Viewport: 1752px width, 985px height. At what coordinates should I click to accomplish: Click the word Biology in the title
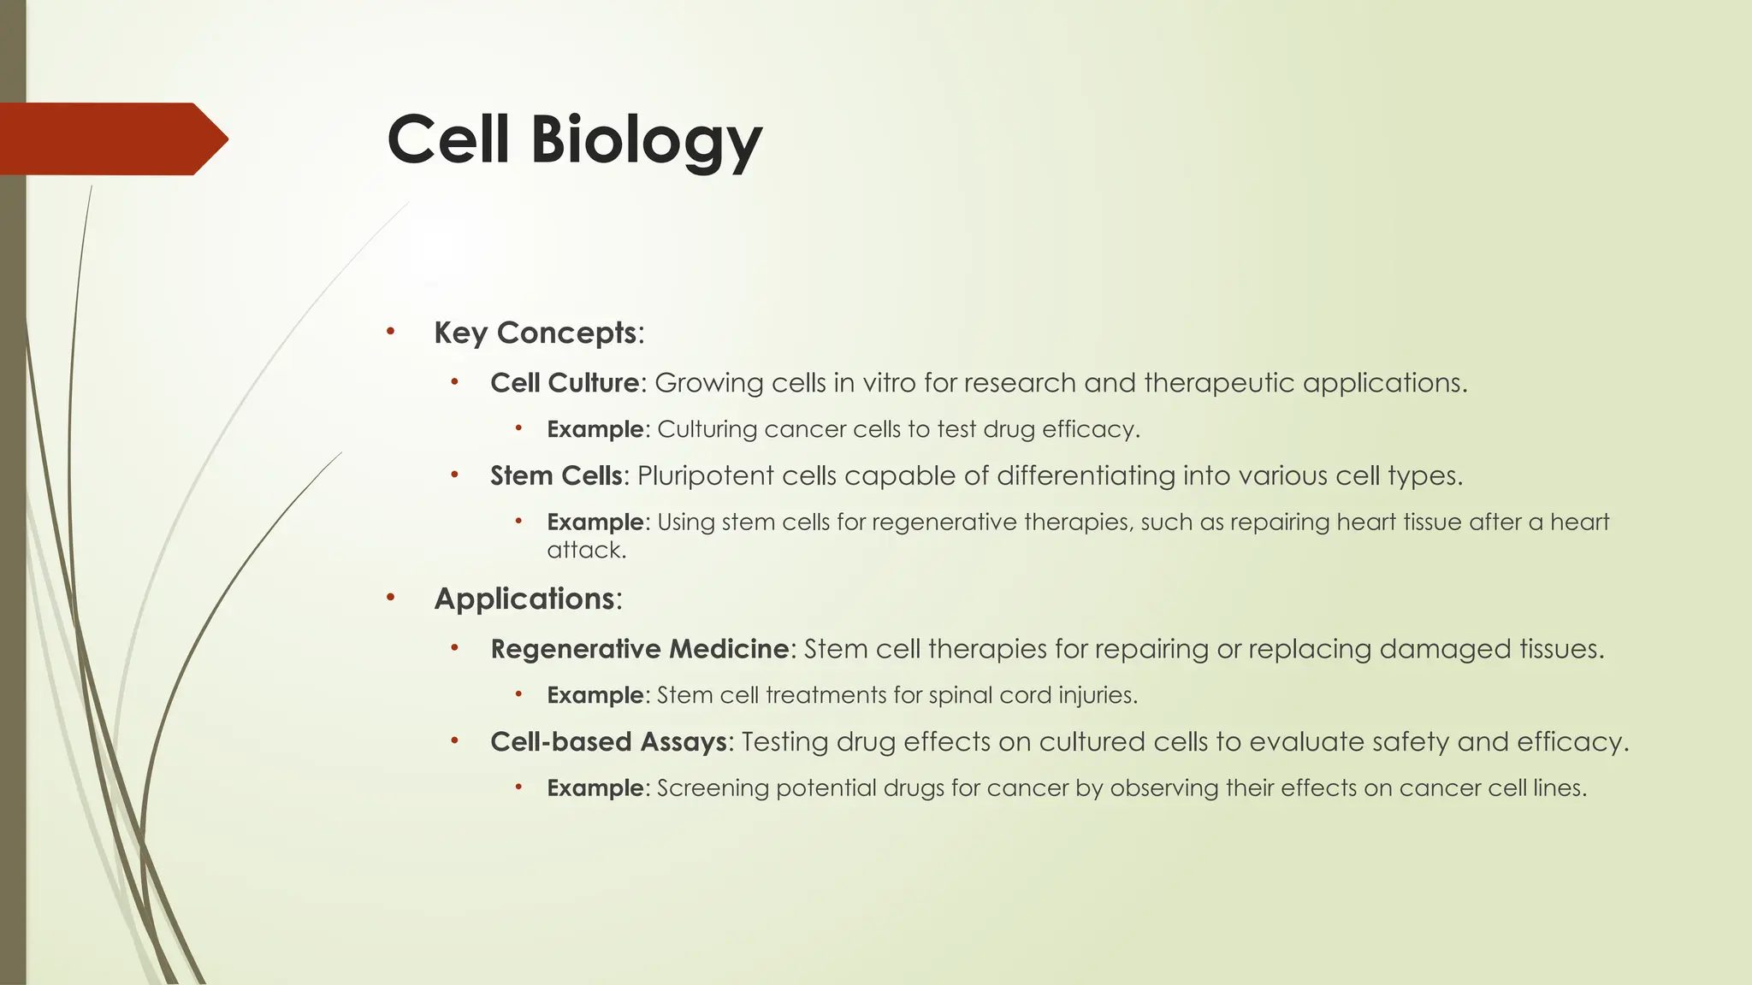click(646, 140)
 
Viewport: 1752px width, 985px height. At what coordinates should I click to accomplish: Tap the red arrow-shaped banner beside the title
click(111, 139)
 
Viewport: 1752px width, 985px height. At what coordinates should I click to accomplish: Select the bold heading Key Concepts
click(536, 333)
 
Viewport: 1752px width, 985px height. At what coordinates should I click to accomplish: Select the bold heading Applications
click(524, 599)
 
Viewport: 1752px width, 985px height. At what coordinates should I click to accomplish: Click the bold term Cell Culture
click(565, 383)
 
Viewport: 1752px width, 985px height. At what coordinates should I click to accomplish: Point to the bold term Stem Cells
click(556, 475)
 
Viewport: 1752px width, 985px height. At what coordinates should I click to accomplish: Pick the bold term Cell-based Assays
click(609, 741)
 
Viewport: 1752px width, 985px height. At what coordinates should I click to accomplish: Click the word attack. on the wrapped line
click(587, 550)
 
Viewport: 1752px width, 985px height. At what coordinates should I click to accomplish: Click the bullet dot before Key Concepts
click(390, 332)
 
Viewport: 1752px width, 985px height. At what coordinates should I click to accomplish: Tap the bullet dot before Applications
click(390, 598)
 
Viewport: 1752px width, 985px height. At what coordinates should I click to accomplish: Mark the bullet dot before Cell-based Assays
click(455, 740)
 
